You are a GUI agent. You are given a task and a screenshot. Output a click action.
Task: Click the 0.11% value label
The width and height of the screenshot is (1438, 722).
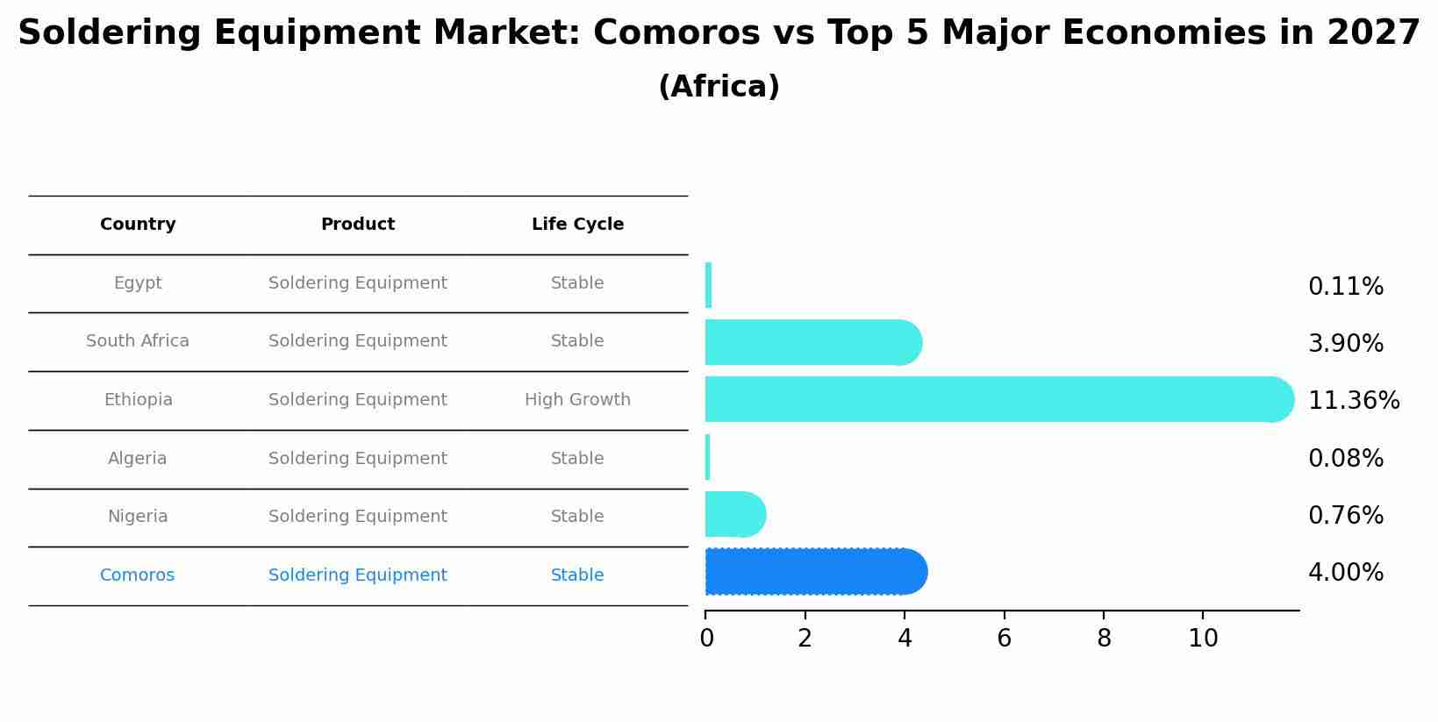(x=1345, y=287)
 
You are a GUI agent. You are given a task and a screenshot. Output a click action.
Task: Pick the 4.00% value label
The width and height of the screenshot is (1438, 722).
(x=1345, y=573)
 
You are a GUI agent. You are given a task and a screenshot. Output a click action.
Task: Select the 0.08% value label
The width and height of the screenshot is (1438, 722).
(x=1345, y=459)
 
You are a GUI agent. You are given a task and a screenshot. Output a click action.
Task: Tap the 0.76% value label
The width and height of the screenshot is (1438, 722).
(x=1345, y=516)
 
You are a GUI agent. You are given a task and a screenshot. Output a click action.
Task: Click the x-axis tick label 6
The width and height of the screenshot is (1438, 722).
(x=1004, y=639)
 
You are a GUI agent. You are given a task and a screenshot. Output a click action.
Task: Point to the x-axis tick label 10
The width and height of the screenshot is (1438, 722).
(x=1203, y=639)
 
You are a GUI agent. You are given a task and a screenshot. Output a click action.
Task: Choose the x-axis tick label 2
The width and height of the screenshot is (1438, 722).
(x=805, y=639)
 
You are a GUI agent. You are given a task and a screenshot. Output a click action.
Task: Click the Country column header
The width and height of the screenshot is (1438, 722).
(x=138, y=225)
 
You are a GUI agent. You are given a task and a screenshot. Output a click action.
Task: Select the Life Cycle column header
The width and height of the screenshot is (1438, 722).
(x=577, y=225)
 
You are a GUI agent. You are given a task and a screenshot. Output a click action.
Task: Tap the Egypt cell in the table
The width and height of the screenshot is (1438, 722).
(x=138, y=283)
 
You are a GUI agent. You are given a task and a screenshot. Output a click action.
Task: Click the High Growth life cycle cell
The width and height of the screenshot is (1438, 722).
(x=577, y=400)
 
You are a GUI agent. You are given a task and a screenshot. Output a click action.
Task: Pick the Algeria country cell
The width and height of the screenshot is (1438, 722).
(x=138, y=459)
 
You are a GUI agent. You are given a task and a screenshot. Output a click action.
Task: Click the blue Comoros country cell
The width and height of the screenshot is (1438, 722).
(x=138, y=575)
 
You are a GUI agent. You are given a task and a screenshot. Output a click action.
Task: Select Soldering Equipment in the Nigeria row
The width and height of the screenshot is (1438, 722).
(x=357, y=517)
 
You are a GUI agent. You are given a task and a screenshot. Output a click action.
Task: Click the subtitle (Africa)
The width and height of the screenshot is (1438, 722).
(x=719, y=87)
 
